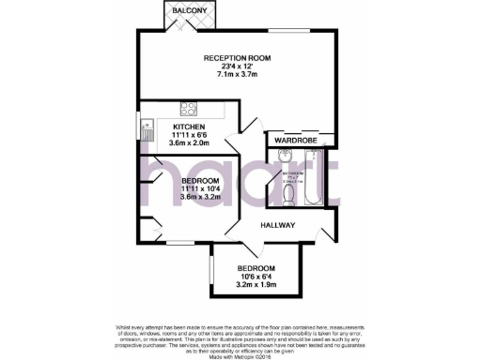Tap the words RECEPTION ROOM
[x=239, y=58]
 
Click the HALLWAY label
[x=278, y=225]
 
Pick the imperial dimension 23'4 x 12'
[x=239, y=67]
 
